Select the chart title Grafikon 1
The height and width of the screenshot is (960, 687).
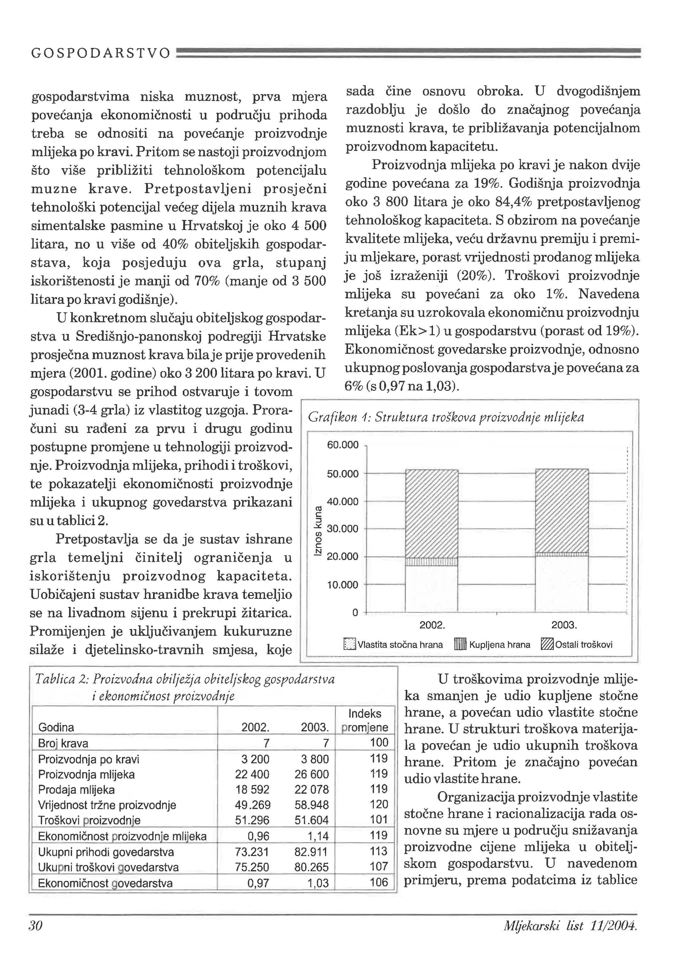point(446,418)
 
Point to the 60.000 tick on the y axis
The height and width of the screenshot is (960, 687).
point(343,445)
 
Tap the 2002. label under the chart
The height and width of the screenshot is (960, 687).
point(432,625)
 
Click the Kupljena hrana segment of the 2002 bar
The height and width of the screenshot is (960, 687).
point(431,561)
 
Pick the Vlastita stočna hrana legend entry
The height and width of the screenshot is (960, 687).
point(394,645)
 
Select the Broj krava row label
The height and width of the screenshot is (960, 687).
point(63,743)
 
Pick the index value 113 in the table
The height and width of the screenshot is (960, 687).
point(378,851)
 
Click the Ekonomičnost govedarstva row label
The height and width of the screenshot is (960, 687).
point(105,883)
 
